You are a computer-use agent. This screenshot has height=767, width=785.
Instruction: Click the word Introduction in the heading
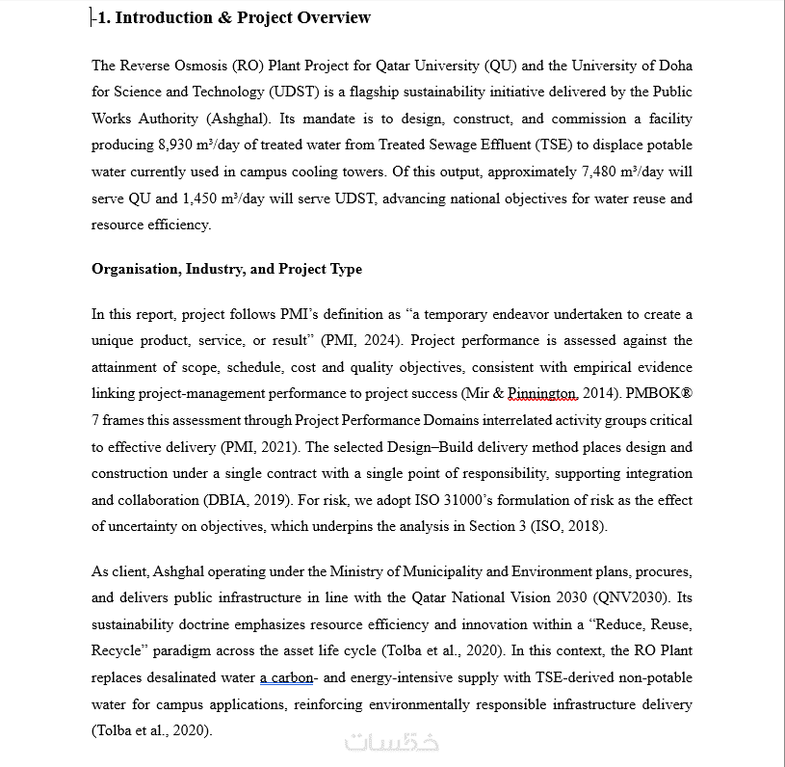(x=163, y=17)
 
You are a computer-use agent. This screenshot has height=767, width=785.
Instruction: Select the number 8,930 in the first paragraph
(x=178, y=145)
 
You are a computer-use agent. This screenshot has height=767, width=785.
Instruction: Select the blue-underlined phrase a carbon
(x=286, y=677)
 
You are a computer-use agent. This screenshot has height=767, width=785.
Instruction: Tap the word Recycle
(x=117, y=650)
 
